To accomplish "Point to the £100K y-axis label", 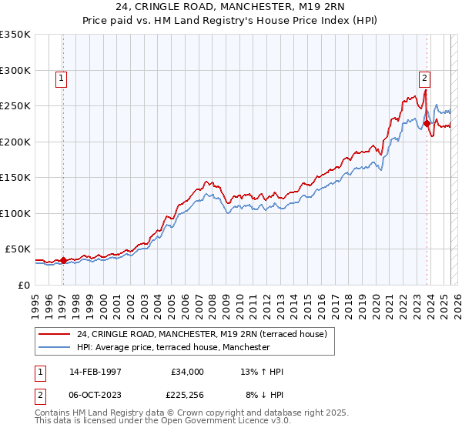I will (15, 213).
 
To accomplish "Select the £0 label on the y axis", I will (24, 285).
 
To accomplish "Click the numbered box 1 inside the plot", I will (60, 77).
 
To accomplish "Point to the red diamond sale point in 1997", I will (64, 260).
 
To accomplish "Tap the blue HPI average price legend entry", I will (173, 348).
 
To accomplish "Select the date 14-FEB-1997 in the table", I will (95, 372).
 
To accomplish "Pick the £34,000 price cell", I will (186, 372).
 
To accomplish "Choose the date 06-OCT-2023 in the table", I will (95, 394).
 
